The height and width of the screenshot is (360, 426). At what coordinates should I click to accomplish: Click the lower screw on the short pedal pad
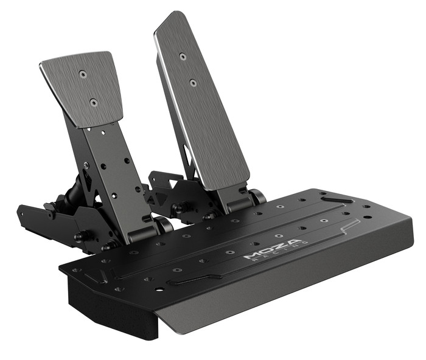click(93, 103)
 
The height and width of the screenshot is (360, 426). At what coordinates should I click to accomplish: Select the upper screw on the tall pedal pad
click(182, 57)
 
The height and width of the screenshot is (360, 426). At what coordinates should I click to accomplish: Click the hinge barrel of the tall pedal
click(256, 196)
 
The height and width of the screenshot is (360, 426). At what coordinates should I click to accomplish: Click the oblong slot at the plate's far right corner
click(337, 198)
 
